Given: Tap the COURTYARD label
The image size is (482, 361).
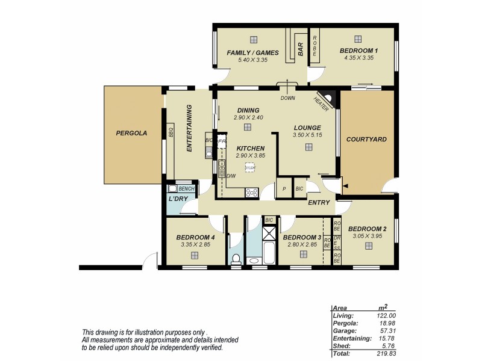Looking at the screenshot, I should click(366, 140).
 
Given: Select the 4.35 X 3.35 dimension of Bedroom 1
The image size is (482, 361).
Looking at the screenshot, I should click(358, 58).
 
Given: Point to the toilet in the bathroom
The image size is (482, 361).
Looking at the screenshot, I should click(236, 259).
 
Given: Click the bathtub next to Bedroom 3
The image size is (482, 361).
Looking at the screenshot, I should click(269, 251).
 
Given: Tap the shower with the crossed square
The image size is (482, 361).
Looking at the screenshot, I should click(269, 232).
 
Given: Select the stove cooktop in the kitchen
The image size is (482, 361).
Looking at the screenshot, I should click(252, 193).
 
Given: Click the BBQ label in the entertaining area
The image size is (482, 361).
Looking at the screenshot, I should click(171, 132).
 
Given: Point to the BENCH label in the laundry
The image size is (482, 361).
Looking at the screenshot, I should click(185, 188).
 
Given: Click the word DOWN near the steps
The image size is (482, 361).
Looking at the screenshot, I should click(287, 97).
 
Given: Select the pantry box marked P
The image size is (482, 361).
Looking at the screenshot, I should click(284, 189).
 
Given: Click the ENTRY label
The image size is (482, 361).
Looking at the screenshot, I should click(319, 203).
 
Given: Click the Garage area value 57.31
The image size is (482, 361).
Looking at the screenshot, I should click(387, 330).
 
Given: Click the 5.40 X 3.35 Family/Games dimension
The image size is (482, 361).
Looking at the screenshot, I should click(253, 60).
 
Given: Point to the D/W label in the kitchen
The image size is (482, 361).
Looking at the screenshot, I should click(230, 175).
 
